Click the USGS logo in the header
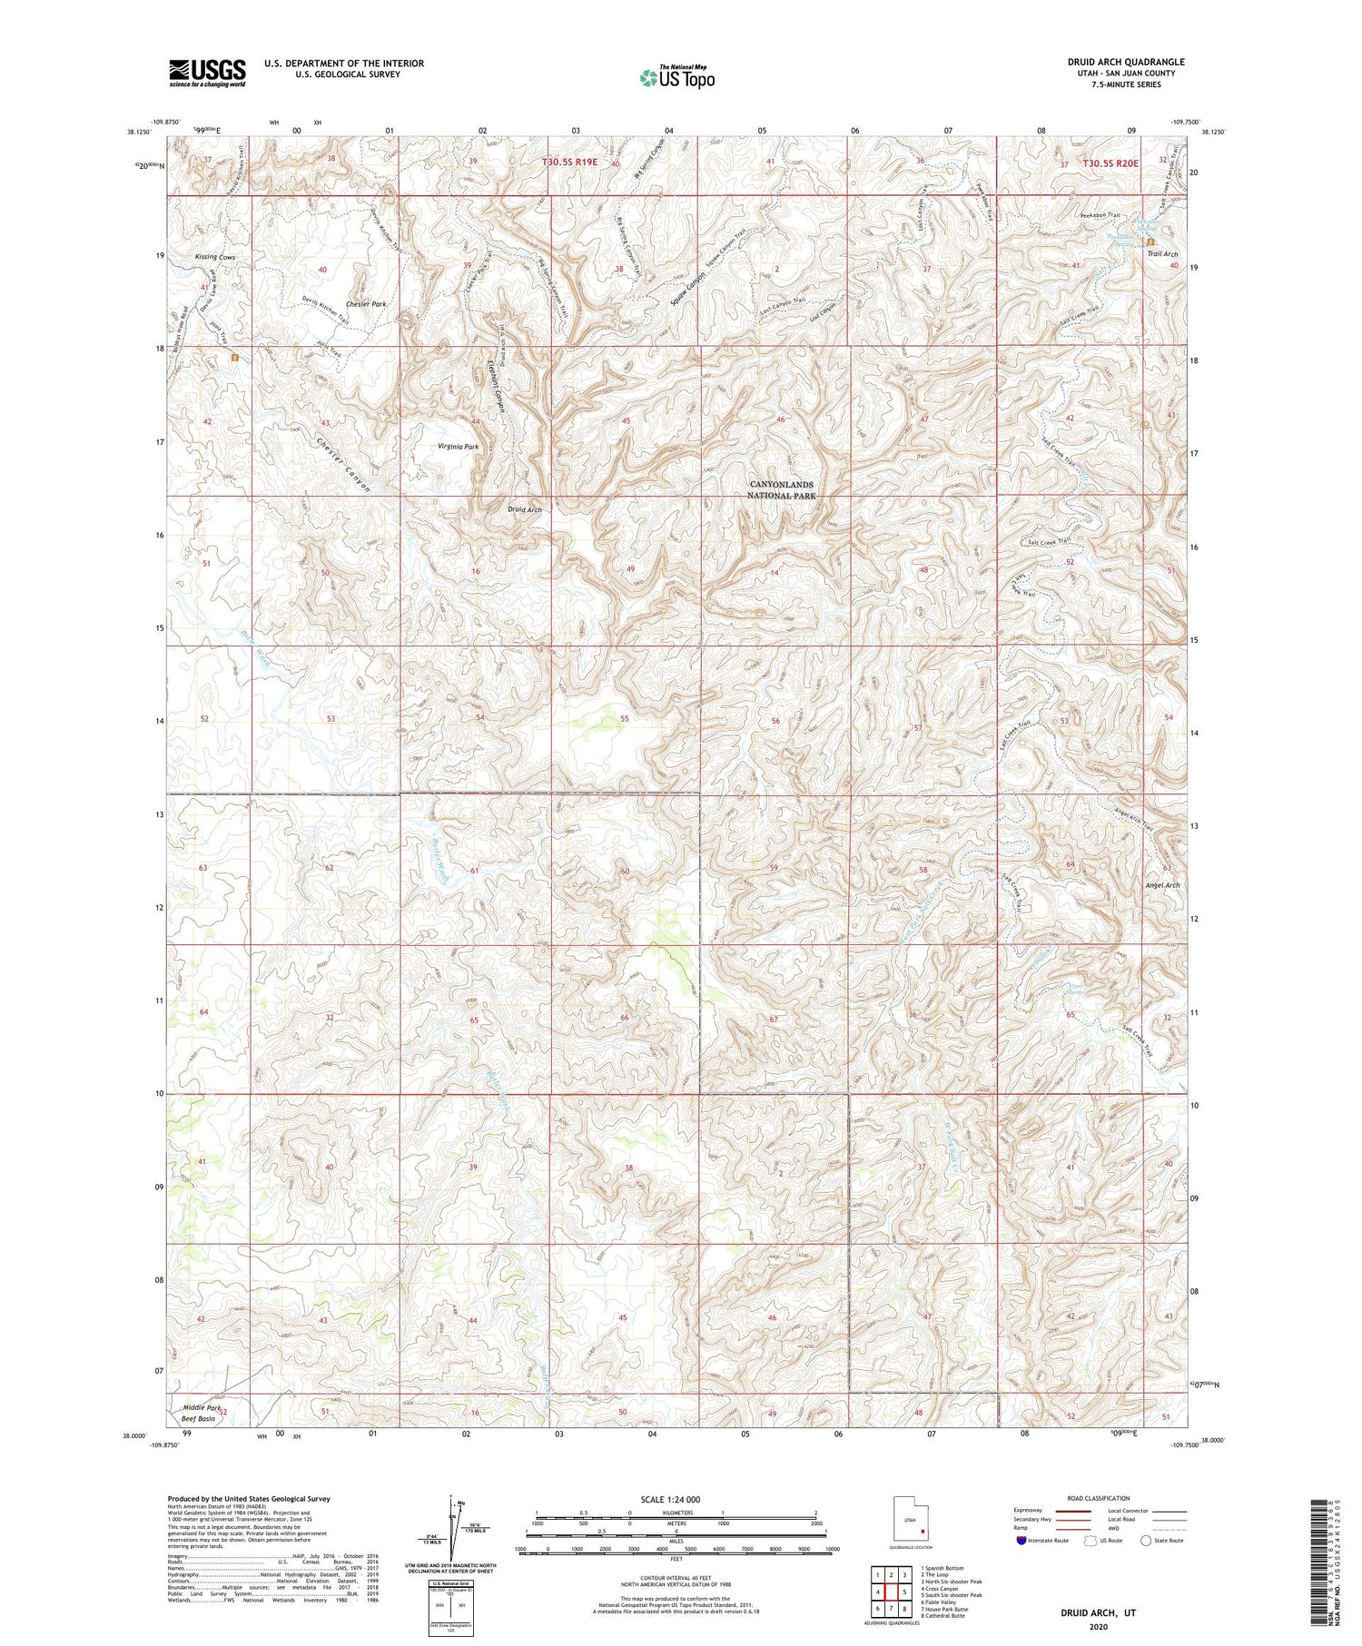coord(207,73)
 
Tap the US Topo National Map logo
coord(676,77)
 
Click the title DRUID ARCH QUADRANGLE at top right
coord(1127,62)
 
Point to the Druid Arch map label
coord(525,510)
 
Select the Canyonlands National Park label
coord(781,490)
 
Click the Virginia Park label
coord(458,447)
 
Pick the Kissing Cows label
coord(215,257)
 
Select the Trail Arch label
coord(1162,254)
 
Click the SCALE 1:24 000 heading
coord(676,1499)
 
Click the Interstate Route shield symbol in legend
coord(1021,1541)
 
